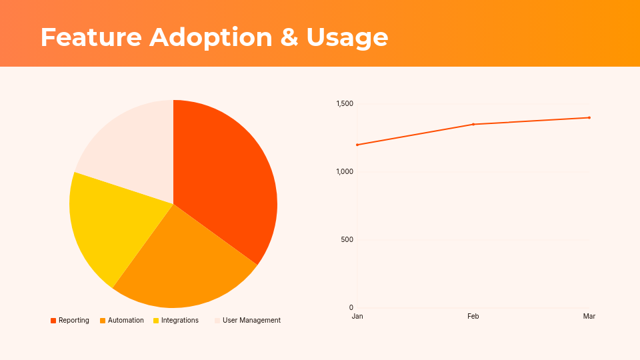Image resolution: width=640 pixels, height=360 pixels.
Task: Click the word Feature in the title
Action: (91, 37)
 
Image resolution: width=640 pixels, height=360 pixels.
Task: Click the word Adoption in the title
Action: (211, 37)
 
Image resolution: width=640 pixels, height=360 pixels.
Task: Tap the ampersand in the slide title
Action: (289, 37)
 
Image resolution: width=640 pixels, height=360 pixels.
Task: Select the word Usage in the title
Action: (347, 37)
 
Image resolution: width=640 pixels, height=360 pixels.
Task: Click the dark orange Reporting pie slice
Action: (230, 180)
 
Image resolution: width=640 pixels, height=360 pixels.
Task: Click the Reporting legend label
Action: (73, 321)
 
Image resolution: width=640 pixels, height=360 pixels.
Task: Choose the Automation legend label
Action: (125, 321)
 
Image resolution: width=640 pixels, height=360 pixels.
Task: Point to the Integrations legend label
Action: (179, 321)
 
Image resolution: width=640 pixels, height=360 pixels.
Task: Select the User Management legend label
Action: (251, 321)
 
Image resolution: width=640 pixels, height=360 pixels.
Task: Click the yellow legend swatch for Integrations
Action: (156, 321)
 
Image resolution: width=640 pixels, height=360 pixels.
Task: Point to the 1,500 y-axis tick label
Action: (345, 104)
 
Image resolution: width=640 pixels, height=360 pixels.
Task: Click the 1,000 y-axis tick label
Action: (345, 172)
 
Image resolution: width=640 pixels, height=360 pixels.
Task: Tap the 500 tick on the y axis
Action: (347, 240)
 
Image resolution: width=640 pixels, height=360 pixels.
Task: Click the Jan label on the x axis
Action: (357, 316)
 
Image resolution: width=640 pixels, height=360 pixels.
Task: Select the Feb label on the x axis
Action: (473, 316)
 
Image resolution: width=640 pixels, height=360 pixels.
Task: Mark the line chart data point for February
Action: (473, 124)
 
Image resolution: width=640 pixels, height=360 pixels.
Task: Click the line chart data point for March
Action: (589, 117)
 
